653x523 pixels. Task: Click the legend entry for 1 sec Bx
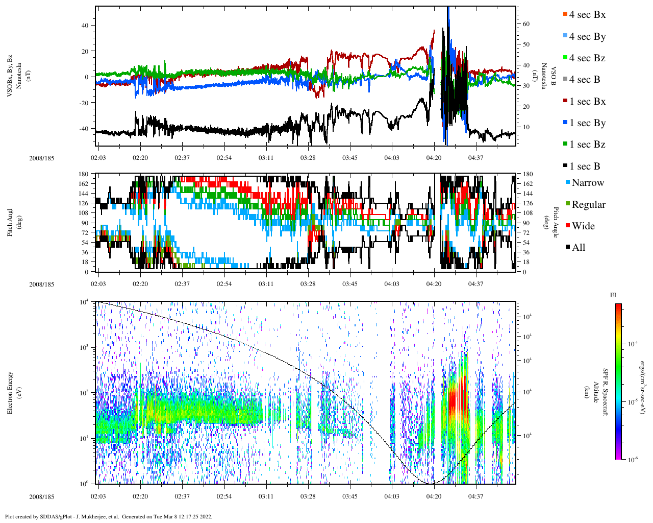(587, 102)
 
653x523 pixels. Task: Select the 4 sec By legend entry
(587, 37)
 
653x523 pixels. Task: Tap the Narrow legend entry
(587, 183)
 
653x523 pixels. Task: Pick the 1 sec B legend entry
(585, 167)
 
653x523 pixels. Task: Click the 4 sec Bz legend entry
(587, 58)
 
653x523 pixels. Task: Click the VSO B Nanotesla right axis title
(548, 76)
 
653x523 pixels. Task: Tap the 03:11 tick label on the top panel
(266, 158)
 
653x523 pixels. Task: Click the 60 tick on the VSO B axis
(526, 24)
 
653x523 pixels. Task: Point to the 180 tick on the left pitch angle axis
(84, 174)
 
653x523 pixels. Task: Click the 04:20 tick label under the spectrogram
(434, 496)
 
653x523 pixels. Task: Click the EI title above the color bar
(613, 295)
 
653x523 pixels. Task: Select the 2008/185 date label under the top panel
(41, 158)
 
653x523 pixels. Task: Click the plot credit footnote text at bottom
(108, 516)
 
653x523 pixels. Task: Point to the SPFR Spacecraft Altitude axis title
(596, 392)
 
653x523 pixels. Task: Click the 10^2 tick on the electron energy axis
(85, 392)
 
